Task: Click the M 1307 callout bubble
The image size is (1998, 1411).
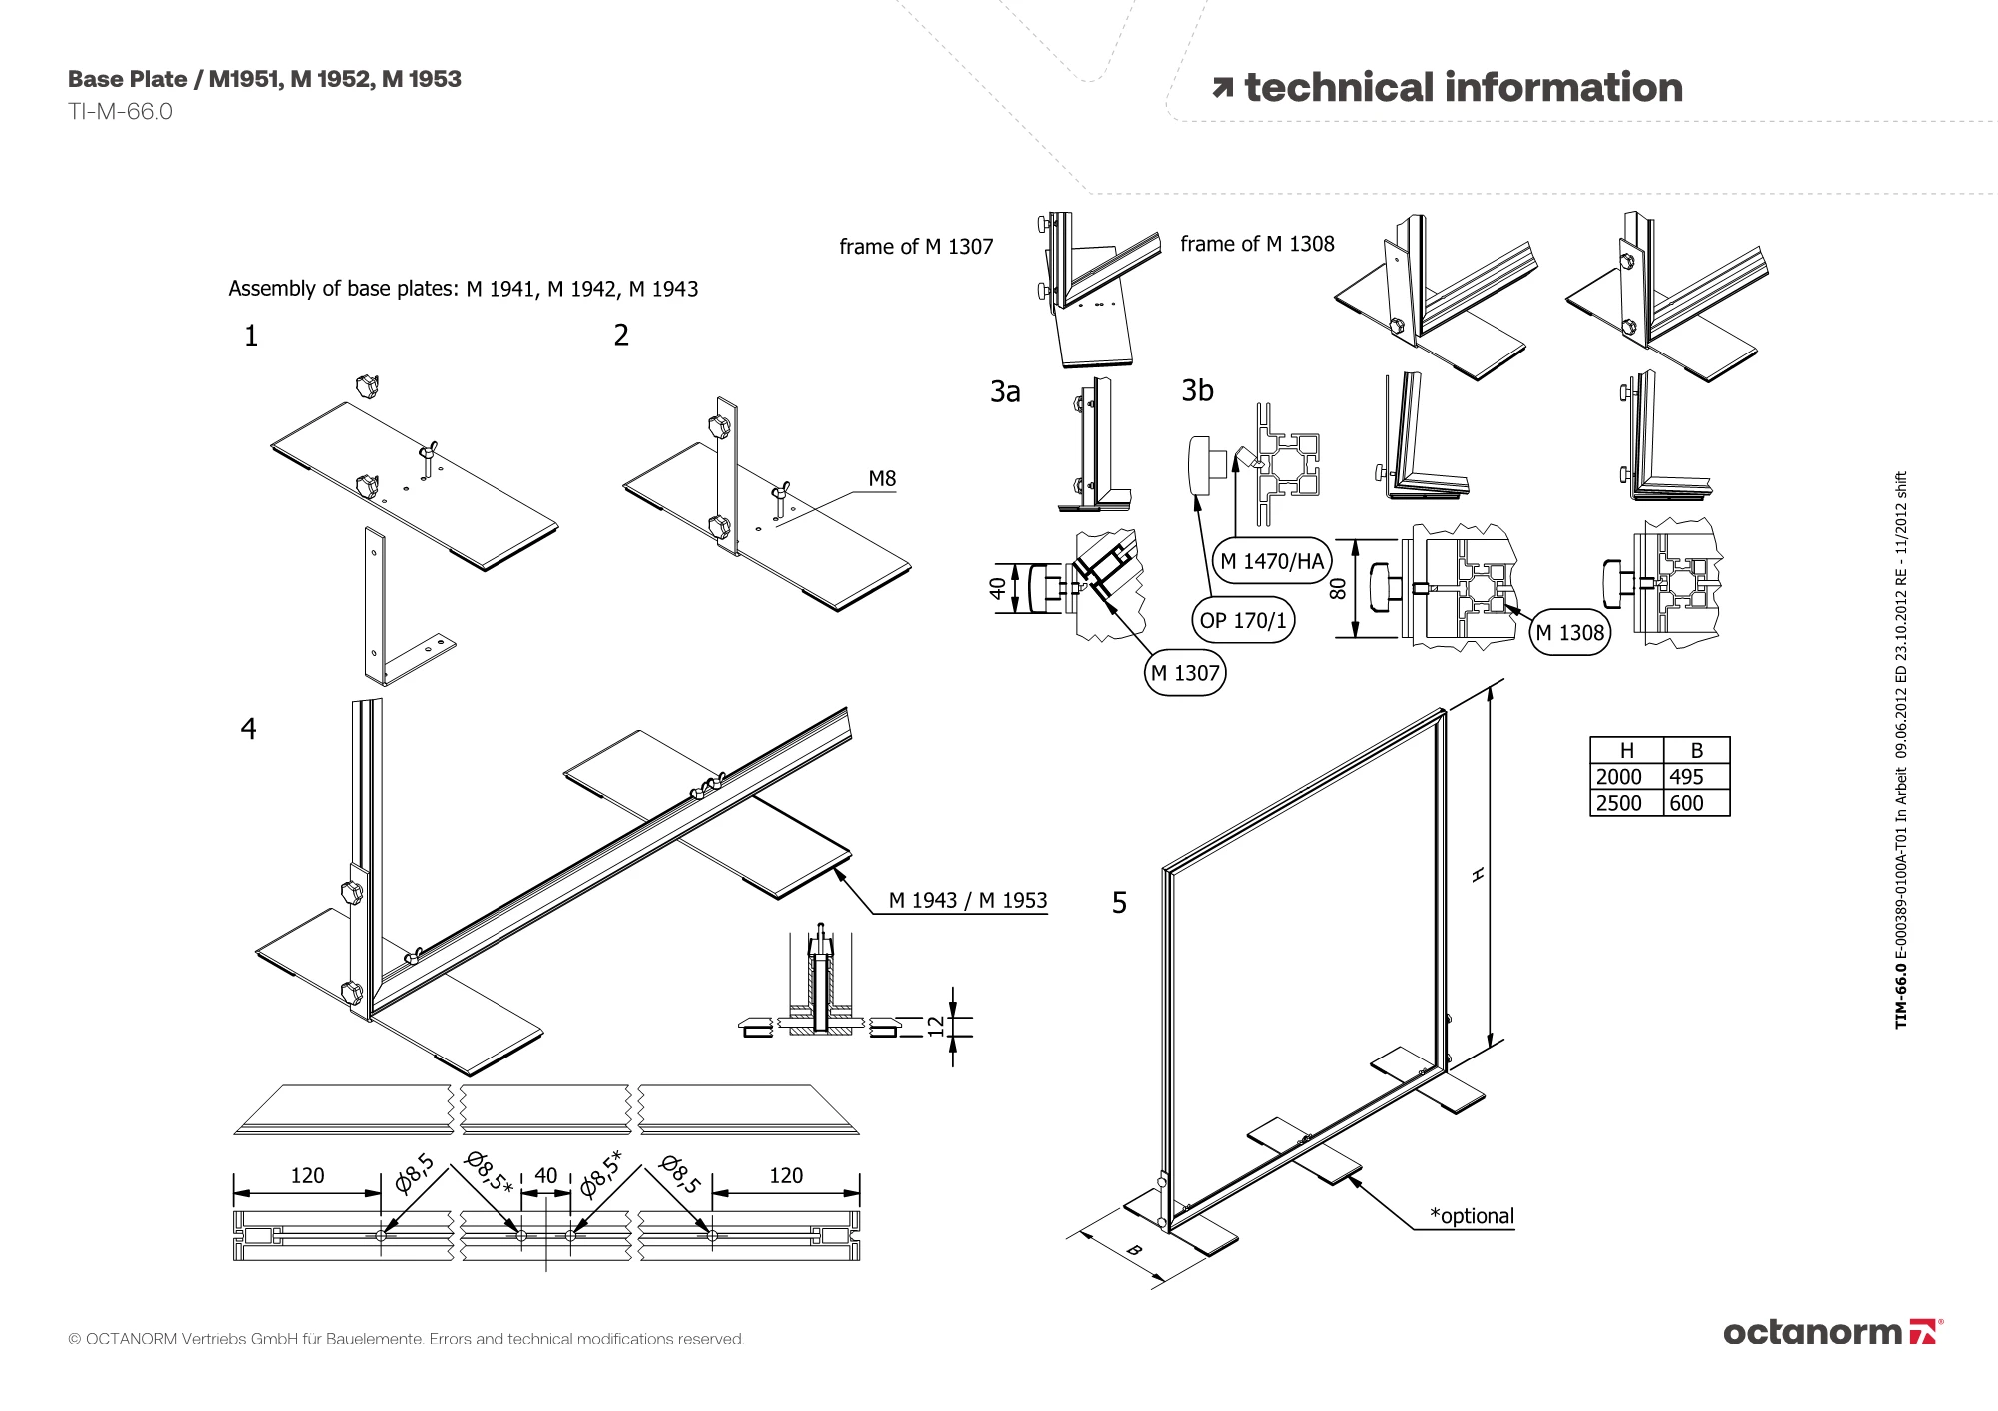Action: point(1185,673)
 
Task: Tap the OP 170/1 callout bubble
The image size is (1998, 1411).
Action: point(1243,620)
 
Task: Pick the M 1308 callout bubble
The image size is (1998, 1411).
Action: point(1569,632)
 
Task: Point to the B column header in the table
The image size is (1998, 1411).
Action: point(1696,751)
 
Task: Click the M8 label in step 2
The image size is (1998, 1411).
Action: point(882,479)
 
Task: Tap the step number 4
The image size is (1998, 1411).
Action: point(248,729)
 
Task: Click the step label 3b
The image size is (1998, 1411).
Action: point(1197,390)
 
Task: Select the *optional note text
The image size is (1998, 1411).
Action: point(1471,1216)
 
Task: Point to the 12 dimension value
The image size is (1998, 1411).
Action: point(935,1026)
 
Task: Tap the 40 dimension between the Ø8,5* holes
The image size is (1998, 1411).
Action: point(545,1175)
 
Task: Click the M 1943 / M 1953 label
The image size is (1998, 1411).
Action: point(967,900)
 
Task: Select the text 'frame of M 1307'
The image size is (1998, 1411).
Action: point(916,247)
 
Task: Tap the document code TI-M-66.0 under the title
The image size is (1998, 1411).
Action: point(120,112)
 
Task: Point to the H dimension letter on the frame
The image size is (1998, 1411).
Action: point(1479,875)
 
